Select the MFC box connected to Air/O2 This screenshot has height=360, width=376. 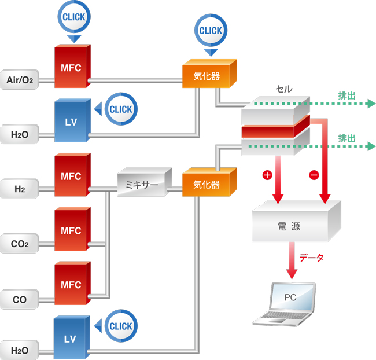71,68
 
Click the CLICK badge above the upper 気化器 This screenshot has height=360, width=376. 211,30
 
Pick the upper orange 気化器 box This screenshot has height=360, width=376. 208,76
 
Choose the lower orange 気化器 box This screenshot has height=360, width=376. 208,185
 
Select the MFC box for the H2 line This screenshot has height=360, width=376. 71,177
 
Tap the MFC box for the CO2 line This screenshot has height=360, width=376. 71,230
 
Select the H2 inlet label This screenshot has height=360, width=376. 20,189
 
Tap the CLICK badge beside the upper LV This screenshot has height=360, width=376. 120,108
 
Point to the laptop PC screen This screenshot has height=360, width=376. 293,297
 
